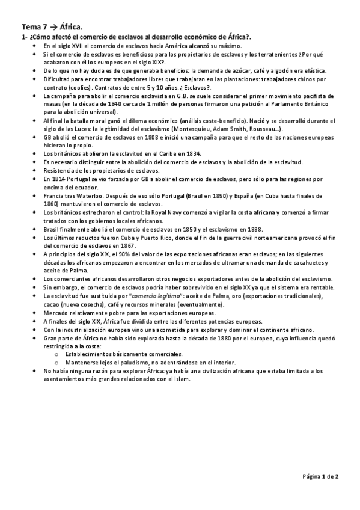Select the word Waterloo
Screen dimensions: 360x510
pyautogui.click(x=84, y=196)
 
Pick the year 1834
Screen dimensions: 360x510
pyautogui.click(x=189, y=154)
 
